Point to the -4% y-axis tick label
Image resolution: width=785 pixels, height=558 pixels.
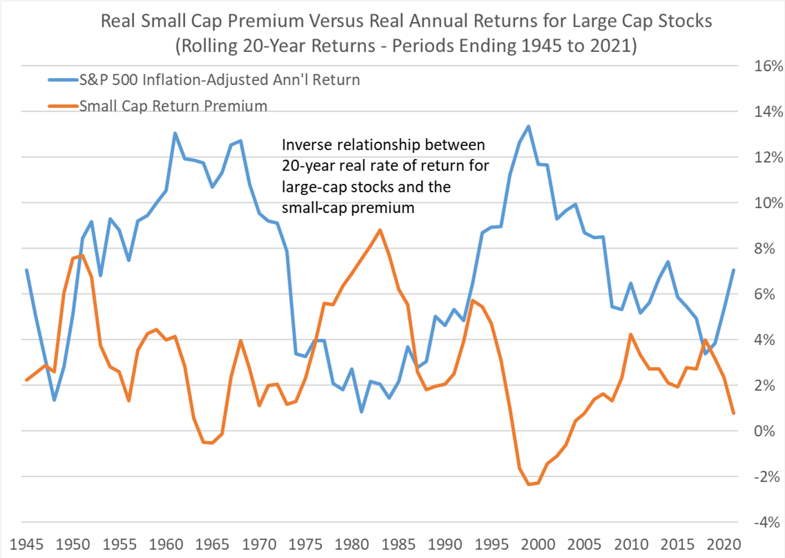pos(766,523)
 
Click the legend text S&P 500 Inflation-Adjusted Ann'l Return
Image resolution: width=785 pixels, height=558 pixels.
pos(220,80)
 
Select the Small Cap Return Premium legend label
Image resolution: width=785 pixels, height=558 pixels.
pos(173,106)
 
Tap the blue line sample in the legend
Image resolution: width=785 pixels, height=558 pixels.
pos(62,80)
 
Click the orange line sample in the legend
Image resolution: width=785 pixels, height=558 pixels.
pos(62,106)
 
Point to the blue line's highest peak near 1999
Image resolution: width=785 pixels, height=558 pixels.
pos(529,127)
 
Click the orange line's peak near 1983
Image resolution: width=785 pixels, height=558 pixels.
pos(379,230)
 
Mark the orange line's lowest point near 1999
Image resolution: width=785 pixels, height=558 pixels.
pos(529,484)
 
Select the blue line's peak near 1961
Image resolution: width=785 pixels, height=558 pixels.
pos(175,133)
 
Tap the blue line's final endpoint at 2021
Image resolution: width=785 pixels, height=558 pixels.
pos(733,270)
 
